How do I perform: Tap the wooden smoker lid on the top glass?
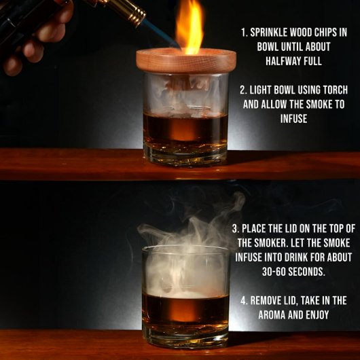[186, 61]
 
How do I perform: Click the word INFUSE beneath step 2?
[293, 119]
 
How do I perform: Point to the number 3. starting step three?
[236, 229]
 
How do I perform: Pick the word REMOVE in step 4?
[264, 300]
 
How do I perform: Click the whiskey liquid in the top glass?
[185, 128]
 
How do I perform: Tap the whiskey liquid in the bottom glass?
[185, 309]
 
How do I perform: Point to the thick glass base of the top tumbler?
[185, 154]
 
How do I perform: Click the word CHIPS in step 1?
[325, 33]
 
